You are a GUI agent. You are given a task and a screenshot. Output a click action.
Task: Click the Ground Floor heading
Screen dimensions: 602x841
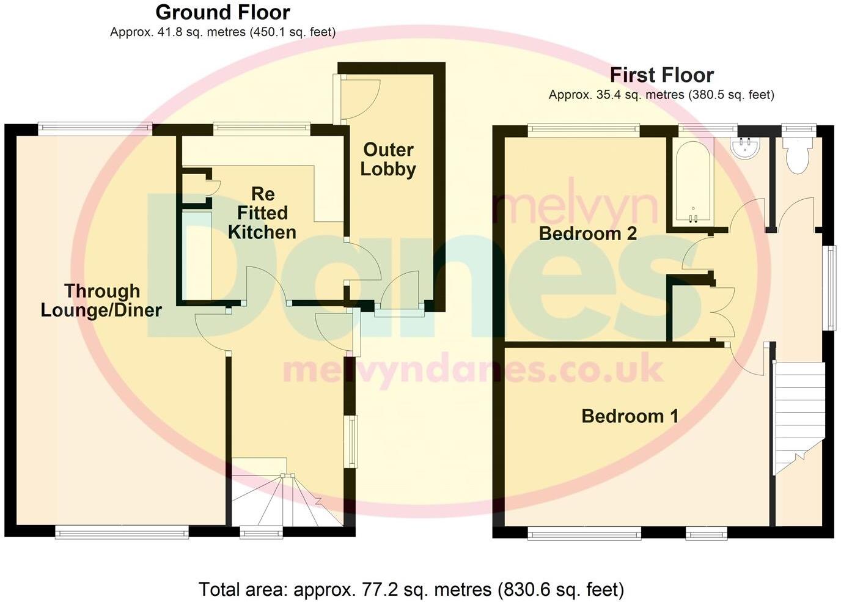click(x=222, y=12)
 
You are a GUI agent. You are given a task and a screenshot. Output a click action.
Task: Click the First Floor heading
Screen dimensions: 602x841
click(x=661, y=75)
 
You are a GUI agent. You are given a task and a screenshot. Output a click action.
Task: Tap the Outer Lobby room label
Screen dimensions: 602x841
click(x=387, y=159)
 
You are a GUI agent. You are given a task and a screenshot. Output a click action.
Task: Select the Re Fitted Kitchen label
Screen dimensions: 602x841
click(x=262, y=213)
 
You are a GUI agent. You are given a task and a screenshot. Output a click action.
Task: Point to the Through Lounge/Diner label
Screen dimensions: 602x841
click(x=101, y=300)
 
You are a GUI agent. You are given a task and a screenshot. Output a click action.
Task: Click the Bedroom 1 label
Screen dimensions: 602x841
click(x=630, y=416)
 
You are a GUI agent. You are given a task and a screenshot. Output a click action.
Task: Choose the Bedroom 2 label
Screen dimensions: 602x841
click(x=587, y=233)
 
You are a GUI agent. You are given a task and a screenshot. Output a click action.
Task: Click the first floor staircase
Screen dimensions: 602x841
click(x=798, y=416)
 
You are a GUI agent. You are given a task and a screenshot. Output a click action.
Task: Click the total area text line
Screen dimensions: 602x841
click(x=411, y=590)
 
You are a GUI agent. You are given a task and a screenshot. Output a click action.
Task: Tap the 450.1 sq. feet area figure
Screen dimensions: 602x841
click(x=292, y=32)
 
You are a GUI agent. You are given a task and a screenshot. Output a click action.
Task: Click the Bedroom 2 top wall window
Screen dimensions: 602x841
click(x=584, y=129)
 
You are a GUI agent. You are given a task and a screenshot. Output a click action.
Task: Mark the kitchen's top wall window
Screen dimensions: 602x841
click(x=262, y=128)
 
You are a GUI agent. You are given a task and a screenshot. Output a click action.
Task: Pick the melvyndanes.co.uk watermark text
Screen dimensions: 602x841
click(x=472, y=370)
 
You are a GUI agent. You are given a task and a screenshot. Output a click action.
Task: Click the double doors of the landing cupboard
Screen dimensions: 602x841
click(x=722, y=312)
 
